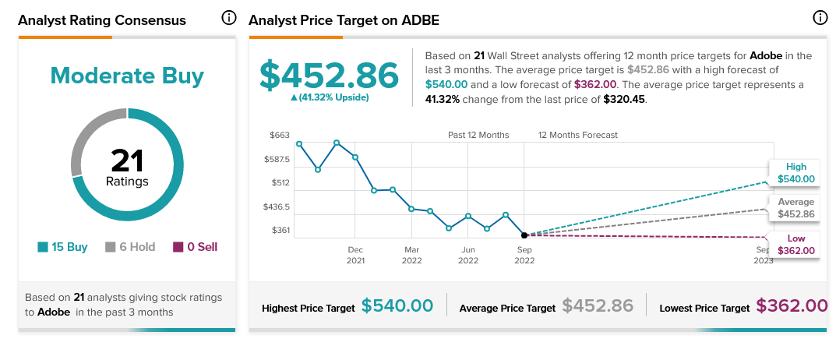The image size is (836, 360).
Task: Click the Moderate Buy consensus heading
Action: click(x=127, y=76)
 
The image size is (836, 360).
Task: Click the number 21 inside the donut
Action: click(x=127, y=160)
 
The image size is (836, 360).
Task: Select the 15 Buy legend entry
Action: click(x=62, y=247)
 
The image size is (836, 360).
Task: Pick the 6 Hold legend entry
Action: click(x=130, y=247)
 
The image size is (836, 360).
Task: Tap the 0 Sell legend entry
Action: click(x=195, y=247)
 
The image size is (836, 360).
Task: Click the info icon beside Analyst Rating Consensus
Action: click(x=228, y=17)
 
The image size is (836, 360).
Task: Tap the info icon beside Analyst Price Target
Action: click(x=819, y=17)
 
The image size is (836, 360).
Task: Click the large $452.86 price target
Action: click(x=329, y=75)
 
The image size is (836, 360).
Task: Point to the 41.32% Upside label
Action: click(x=329, y=97)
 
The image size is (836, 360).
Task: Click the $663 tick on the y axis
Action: click(x=279, y=135)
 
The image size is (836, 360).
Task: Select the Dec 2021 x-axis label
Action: click(x=355, y=255)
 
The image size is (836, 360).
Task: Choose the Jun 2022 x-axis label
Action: click(x=468, y=255)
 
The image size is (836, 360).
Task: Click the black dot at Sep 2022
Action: click(x=524, y=235)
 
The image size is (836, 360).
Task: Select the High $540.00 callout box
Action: click(x=795, y=173)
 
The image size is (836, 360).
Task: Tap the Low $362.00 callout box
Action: click(x=795, y=245)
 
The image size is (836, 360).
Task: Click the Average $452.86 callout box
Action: click(x=795, y=208)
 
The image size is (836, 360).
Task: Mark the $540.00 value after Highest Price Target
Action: click(x=397, y=305)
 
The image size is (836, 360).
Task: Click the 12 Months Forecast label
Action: click(x=577, y=135)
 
